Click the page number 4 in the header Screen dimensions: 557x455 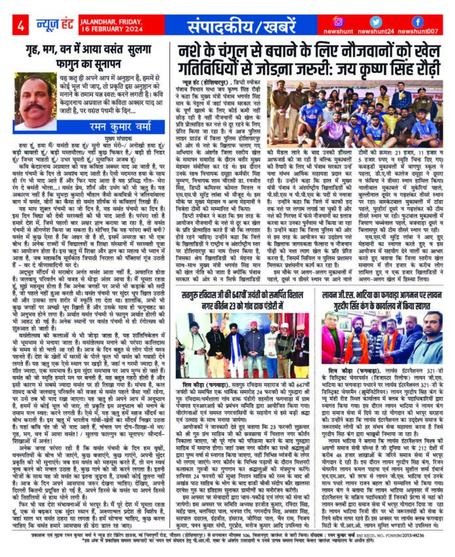coord(21,25)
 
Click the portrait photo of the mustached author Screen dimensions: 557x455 coord(35,102)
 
